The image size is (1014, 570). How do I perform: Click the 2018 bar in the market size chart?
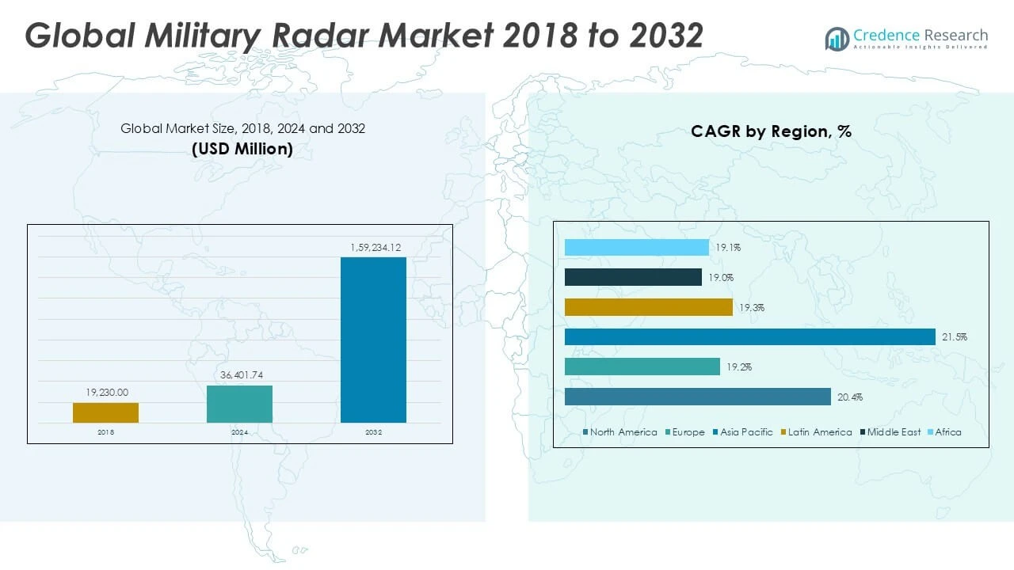[105, 412]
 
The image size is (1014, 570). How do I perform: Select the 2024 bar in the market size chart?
[239, 404]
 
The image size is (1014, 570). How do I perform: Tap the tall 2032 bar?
[373, 340]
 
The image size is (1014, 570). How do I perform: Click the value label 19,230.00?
[106, 392]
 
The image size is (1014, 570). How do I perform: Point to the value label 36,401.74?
[239, 374]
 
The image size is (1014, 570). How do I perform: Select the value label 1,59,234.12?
[375, 248]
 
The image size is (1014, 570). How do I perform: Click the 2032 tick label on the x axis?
[373, 432]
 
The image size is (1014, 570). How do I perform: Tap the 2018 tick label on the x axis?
[105, 432]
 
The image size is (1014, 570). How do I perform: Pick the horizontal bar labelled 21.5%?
[749, 337]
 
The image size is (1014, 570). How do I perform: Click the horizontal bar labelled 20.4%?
[697, 397]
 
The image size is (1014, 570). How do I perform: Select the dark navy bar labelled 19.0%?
[633, 277]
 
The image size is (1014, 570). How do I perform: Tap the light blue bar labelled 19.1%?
[636, 248]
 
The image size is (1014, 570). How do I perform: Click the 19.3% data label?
[751, 307]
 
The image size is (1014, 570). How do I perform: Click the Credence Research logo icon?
[837, 39]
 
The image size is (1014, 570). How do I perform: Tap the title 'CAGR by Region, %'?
[771, 131]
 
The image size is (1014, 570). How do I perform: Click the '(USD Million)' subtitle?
[242, 148]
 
